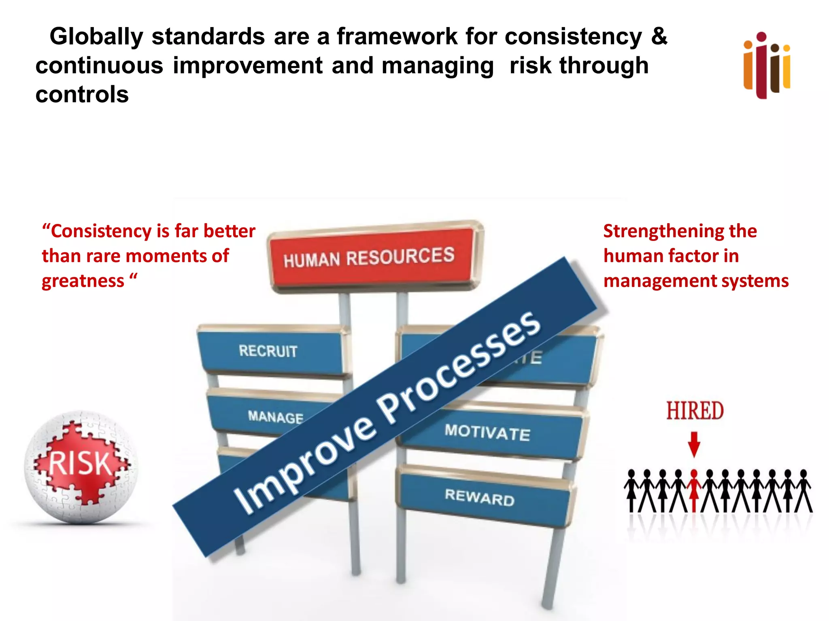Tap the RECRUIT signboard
(x=269, y=351)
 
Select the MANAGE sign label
(x=275, y=416)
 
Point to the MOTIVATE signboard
(x=488, y=433)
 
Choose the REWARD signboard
(x=480, y=497)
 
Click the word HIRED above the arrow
(x=695, y=411)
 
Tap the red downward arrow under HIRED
(x=694, y=444)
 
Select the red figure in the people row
(x=694, y=490)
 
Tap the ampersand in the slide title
(x=659, y=36)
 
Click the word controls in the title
(x=82, y=95)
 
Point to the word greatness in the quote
(x=83, y=281)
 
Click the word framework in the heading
(x=397, y=36)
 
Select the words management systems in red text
(x=696, y=281)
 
